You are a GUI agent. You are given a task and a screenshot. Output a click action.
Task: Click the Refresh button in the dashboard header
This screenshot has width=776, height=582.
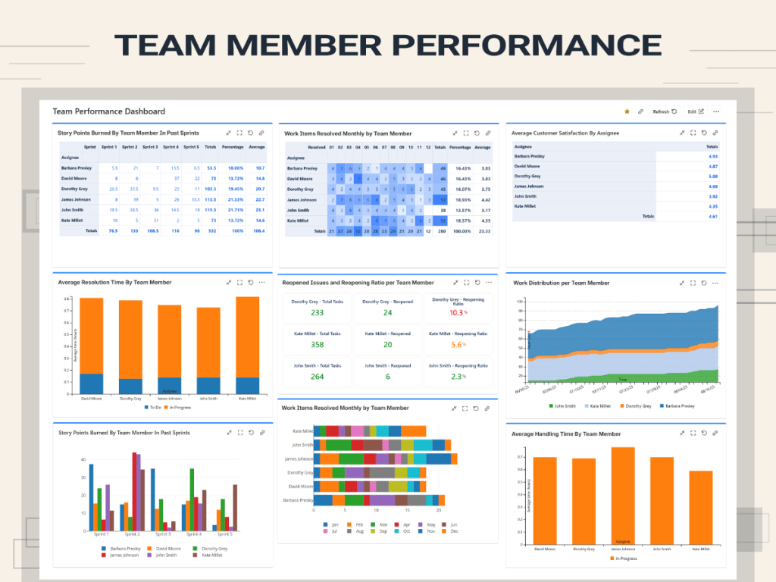(665, 111)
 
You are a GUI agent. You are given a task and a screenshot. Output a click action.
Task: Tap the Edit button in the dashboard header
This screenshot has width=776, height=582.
(695, 111)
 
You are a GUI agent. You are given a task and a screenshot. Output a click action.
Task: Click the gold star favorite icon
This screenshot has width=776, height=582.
(627, 111)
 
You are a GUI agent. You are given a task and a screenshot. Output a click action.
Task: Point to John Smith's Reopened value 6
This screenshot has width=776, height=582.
(387, 377)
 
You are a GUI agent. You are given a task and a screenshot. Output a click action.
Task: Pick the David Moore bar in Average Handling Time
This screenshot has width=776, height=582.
(545, 502)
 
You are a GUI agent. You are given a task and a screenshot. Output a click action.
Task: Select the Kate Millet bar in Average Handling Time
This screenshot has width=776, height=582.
(701, 508)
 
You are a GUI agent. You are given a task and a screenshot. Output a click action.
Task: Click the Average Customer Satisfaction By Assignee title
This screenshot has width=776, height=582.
(565, 133)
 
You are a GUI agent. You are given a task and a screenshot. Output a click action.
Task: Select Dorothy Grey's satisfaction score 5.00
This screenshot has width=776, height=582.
(712, 176)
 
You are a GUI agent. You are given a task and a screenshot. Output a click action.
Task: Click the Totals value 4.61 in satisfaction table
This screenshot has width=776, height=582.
(712, 216)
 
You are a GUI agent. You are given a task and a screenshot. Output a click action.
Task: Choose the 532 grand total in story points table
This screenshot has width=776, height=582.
(211, 230)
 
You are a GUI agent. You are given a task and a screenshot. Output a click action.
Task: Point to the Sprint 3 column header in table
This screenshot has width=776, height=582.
(150, 147)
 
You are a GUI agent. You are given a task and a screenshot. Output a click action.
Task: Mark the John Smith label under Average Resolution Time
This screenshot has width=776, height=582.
(207, 398)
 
